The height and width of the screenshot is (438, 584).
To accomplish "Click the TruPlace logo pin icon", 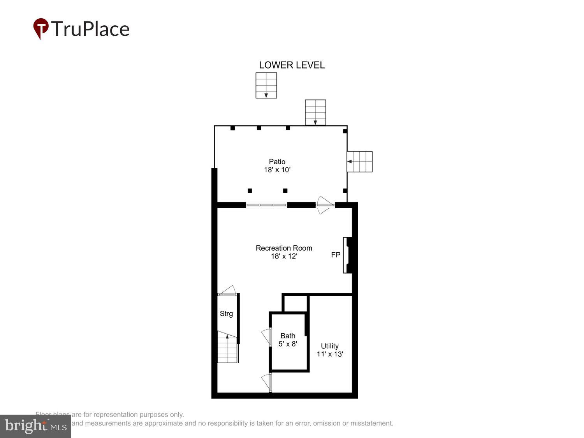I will tap(40, 28).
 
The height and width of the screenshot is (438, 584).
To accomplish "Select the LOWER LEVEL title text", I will tap(292, 65).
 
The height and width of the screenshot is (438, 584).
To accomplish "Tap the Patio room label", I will tap(277, 161).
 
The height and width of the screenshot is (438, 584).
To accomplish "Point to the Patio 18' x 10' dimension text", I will tap(277, 170).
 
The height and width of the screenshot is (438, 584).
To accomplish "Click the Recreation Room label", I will tap(284, 248).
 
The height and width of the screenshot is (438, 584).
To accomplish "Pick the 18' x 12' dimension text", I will tap(284, 256).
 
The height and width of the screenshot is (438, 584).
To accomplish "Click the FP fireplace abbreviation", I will tap(336, 255).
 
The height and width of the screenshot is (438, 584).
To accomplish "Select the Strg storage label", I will tap(226, 313).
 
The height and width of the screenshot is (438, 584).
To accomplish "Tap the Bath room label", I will tap(288, 336).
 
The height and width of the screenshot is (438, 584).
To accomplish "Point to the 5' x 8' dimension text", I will tap(288, 344).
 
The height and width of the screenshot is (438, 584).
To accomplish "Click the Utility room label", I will tap(329, 346).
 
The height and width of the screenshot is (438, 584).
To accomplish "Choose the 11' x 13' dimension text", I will tap(330, 354).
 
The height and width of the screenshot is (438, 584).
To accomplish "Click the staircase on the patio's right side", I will tap(360, 162).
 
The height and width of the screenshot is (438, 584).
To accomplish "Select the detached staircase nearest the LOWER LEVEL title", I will tap(266, 85).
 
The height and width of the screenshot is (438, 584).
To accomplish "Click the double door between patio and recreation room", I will tap(325, 205).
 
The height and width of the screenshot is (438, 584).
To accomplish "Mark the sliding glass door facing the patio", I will tap(267, 205).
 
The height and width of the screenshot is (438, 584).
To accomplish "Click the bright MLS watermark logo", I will tap(35, 426).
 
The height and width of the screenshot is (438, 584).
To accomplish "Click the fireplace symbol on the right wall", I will tap(347, 255).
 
